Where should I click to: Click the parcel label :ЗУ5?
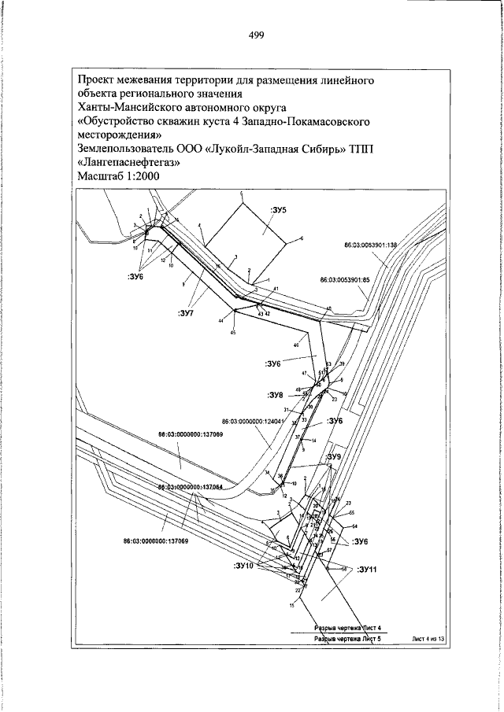[280, 210]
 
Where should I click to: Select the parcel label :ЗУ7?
[187, 315]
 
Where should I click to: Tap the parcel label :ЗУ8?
[273, 394]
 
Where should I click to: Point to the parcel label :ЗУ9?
[334, 456]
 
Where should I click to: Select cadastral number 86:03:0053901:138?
[373, 245]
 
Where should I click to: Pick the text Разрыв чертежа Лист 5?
[347, 640]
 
